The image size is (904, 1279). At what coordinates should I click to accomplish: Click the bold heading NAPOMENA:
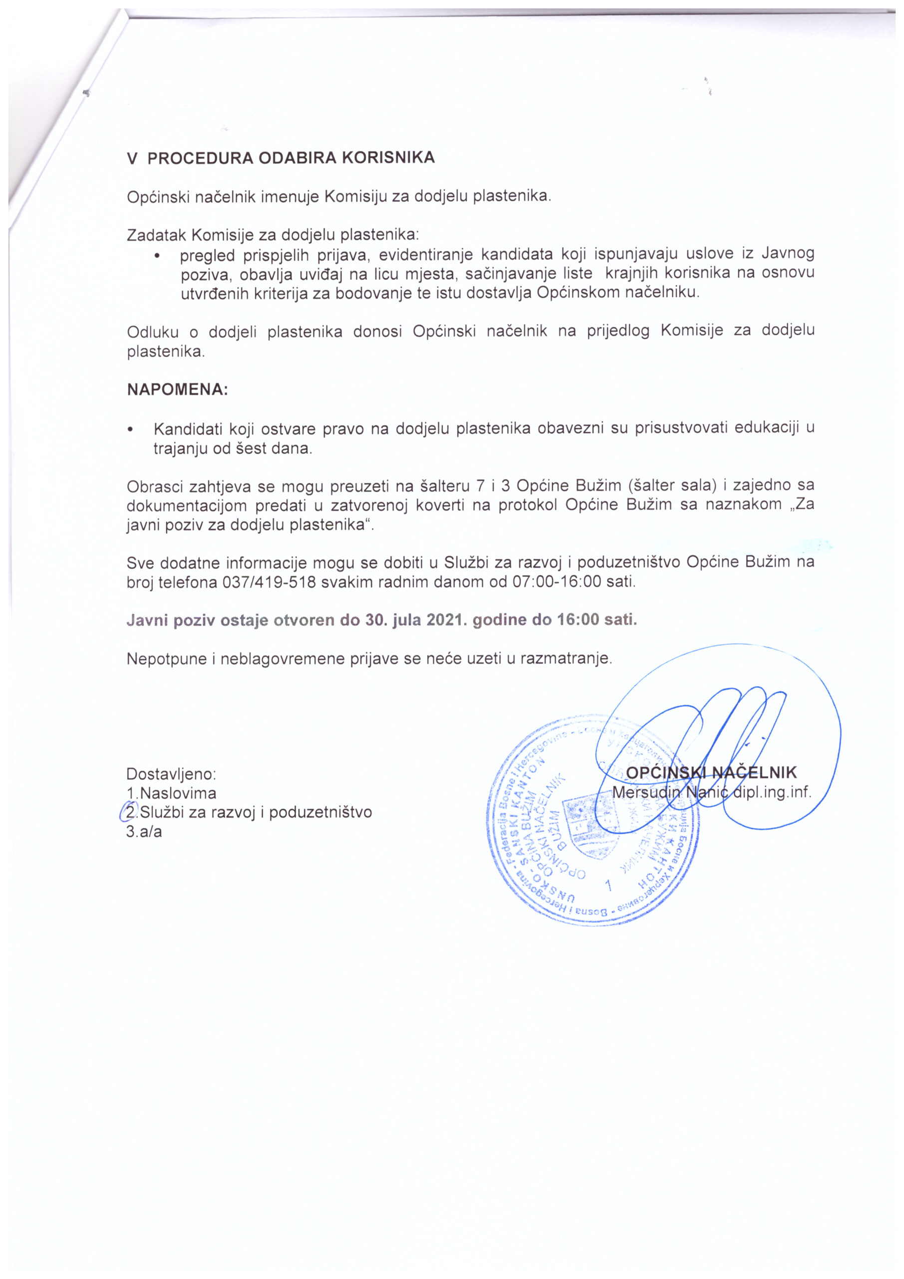178,389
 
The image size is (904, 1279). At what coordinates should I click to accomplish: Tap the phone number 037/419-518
270,582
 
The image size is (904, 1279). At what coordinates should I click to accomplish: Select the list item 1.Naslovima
171,793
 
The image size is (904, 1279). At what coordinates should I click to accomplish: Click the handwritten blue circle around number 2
129,812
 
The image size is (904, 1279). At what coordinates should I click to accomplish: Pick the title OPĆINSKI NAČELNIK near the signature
711,772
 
